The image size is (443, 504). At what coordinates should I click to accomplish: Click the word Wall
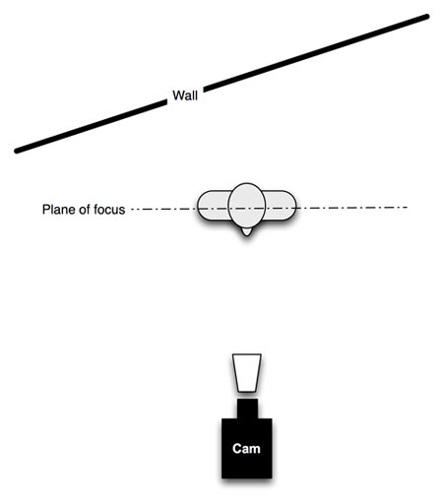[x=185, y=95]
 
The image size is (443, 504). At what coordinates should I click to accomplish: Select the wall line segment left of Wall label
[x=91, y=127]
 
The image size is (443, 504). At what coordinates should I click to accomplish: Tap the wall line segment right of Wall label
[x=316, y=53]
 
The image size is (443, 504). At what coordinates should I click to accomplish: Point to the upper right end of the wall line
[x=427, y=17]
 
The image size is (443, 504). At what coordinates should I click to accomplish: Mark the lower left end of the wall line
[x=17, y=151]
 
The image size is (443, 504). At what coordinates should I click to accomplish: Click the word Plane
[x=55, y=210]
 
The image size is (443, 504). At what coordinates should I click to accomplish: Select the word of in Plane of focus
[x=81, y=210]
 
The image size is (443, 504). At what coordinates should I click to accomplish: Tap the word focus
[x=106, y=210]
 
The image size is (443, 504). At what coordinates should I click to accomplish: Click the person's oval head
[x=246, y=206]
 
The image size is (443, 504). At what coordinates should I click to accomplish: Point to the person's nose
[x=246, y=231]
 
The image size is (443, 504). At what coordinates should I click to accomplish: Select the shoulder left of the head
[x=213, y=205]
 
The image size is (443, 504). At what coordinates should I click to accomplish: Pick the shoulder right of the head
[x=281, y=205]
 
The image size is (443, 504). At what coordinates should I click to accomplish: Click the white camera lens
[x=247, y=373]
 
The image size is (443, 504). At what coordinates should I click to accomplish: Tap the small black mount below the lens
[x=247, y=409]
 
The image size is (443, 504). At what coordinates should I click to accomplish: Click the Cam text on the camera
[x=246, y=448]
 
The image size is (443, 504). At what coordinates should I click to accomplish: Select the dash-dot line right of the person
[x=351, y=208]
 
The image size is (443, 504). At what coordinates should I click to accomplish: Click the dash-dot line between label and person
[x=163, y=209]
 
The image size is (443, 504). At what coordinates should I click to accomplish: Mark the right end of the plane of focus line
[x=407, y=208]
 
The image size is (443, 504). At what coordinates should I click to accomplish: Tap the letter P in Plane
[x=45, y=210]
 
